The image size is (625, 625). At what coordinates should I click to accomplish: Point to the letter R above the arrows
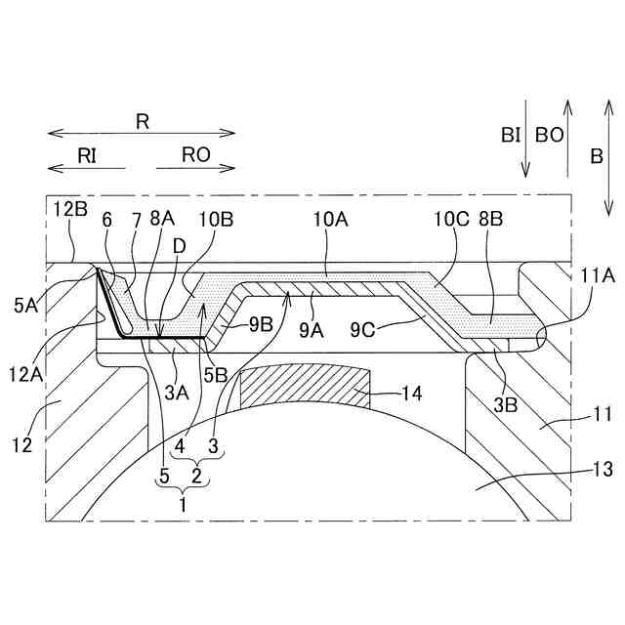click(x=142, y=121)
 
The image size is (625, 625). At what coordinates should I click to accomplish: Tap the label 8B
click(x=491, y=222)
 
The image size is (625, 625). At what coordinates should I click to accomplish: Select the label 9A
click(x=312, y=331)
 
